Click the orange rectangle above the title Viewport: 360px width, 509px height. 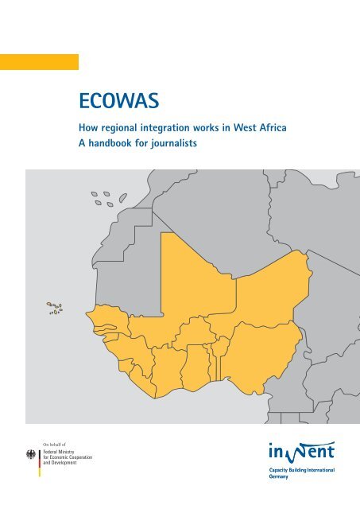tap(39, 62)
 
